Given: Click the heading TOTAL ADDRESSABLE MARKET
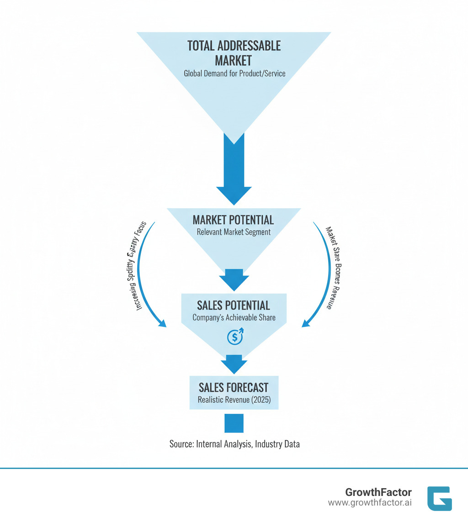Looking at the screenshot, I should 234,53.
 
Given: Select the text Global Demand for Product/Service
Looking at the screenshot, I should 234,73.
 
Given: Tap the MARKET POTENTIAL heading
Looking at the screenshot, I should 234,220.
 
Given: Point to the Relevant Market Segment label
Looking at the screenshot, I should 234,232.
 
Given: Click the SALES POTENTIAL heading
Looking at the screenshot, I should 234,305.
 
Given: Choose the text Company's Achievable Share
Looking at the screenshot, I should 234,317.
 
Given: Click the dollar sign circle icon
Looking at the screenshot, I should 234,337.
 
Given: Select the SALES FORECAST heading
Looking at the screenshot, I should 234,388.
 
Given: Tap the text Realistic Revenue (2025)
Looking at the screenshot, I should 234,400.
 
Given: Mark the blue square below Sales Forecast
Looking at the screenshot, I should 234,423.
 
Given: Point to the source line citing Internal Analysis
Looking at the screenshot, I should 234,443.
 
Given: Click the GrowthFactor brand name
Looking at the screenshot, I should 378,492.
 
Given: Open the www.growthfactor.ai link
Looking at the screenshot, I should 370,502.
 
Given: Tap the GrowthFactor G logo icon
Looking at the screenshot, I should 439,498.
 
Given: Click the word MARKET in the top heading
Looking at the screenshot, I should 234,60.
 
